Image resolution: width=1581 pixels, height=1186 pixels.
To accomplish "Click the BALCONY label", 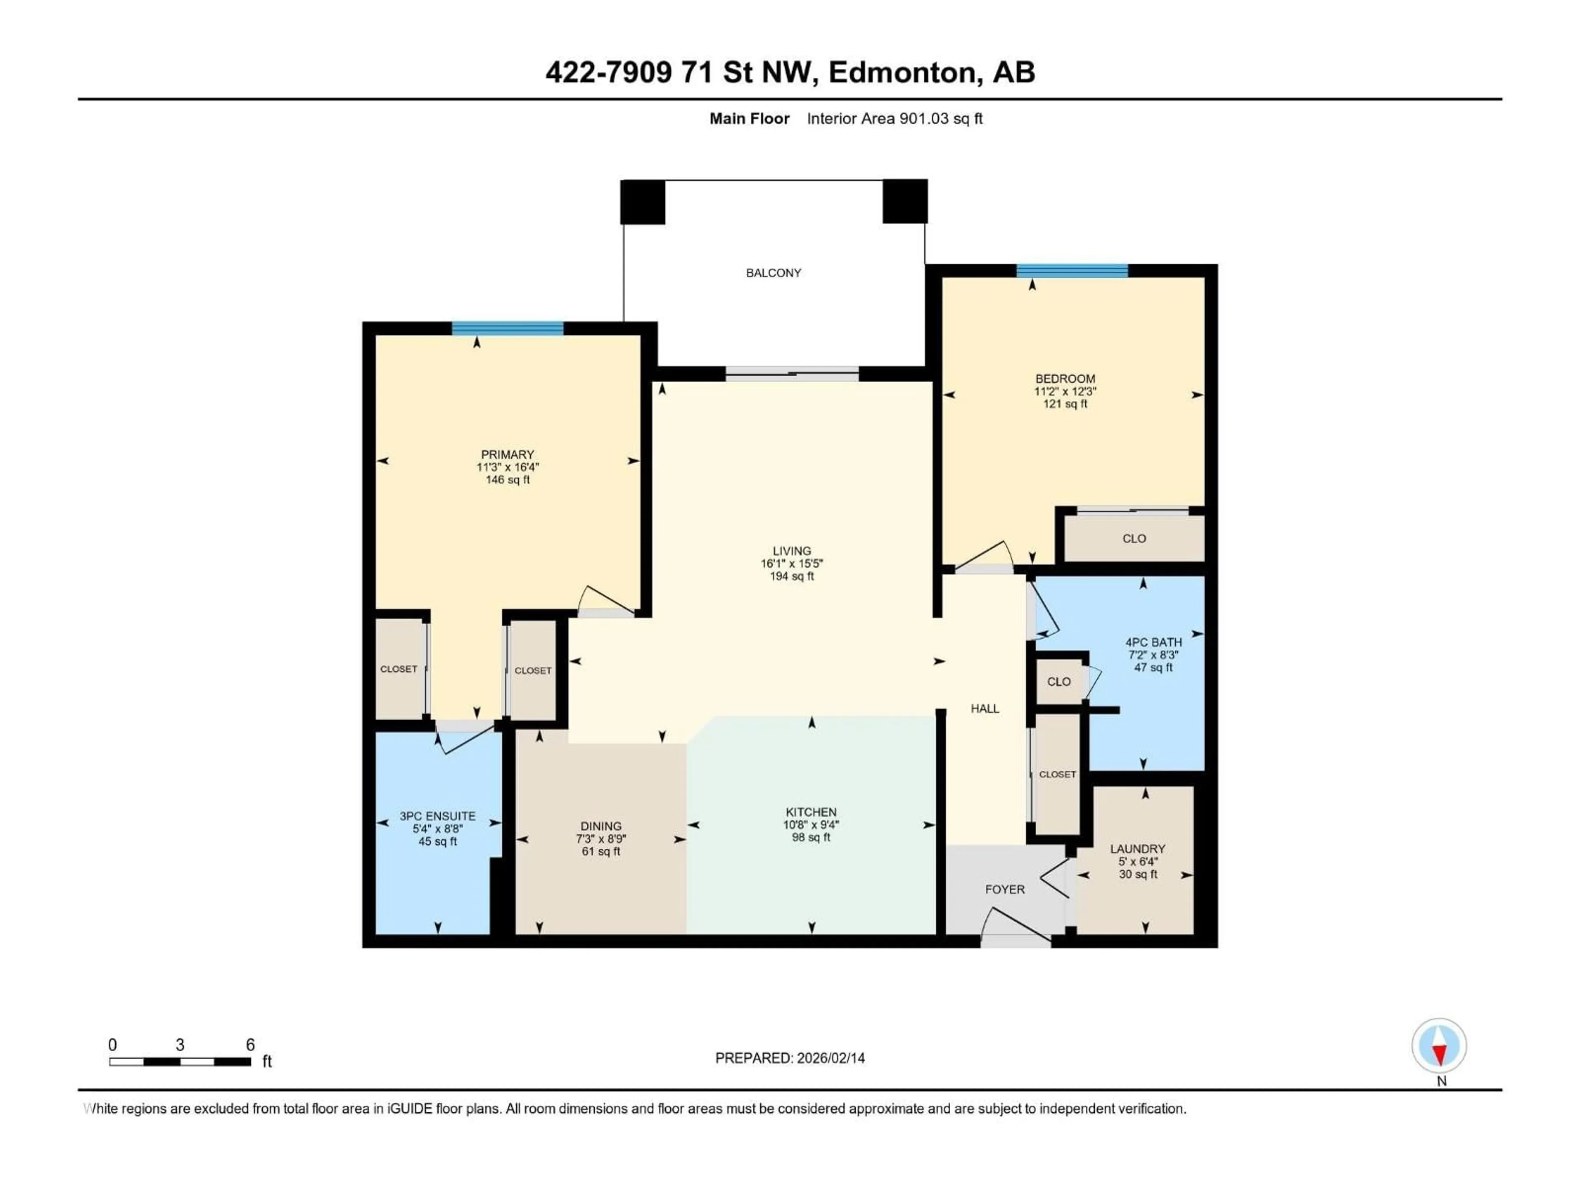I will pos(773,272).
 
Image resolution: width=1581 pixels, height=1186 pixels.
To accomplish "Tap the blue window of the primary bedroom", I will pos(508,329).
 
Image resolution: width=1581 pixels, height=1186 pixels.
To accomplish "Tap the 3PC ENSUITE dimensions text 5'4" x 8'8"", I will pos(437,829).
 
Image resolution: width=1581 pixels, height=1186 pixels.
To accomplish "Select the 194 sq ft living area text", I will pos(791,576).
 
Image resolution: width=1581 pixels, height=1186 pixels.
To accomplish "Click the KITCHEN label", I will pos(811,812).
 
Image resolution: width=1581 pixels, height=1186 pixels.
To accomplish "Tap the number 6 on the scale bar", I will pos(250,1044).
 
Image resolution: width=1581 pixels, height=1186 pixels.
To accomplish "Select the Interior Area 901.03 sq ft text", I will pos(894,119).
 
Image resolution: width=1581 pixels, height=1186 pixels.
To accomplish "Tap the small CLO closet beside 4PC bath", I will pos(1059,681).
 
